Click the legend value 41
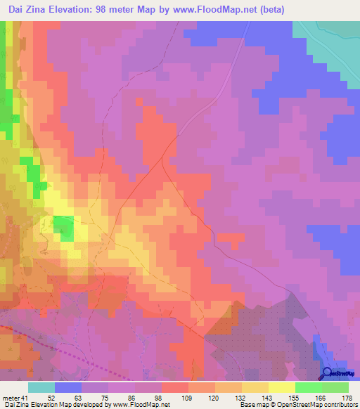(25, 397)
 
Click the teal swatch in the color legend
(41, 387)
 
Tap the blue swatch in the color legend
(68, 387)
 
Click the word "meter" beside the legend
(10, 397)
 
